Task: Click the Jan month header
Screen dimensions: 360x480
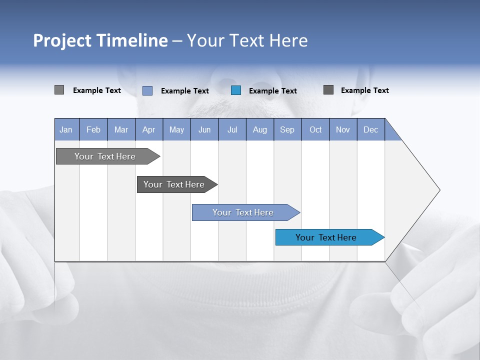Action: (x=66, y=129)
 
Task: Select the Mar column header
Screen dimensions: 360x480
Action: (x=121, y=129)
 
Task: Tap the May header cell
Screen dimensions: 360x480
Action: (x=176, y=129)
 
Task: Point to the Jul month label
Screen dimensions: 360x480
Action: (x=232, y=129)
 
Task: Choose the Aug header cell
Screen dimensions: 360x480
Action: (x=259, y=129)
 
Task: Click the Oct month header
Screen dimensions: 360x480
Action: (x=315, y=129)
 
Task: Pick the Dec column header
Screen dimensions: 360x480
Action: (x=370, y=129)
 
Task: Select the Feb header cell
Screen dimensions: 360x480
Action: (x=93, y=129)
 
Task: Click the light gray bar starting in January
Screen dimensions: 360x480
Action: (x=105, y=156)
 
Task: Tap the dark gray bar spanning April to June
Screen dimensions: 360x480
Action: (x=174, y=184)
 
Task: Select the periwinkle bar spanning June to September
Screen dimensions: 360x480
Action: (x=243, y=212)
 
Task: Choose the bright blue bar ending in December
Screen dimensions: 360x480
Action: (x=326, y=237)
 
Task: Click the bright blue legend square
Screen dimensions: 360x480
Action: (x=236, y=90)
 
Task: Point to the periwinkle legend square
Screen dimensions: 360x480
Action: (x=147, y=90)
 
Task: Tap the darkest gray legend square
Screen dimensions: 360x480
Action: (x=328, y=90)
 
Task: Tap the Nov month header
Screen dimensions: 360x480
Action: (x=342, y=129)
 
